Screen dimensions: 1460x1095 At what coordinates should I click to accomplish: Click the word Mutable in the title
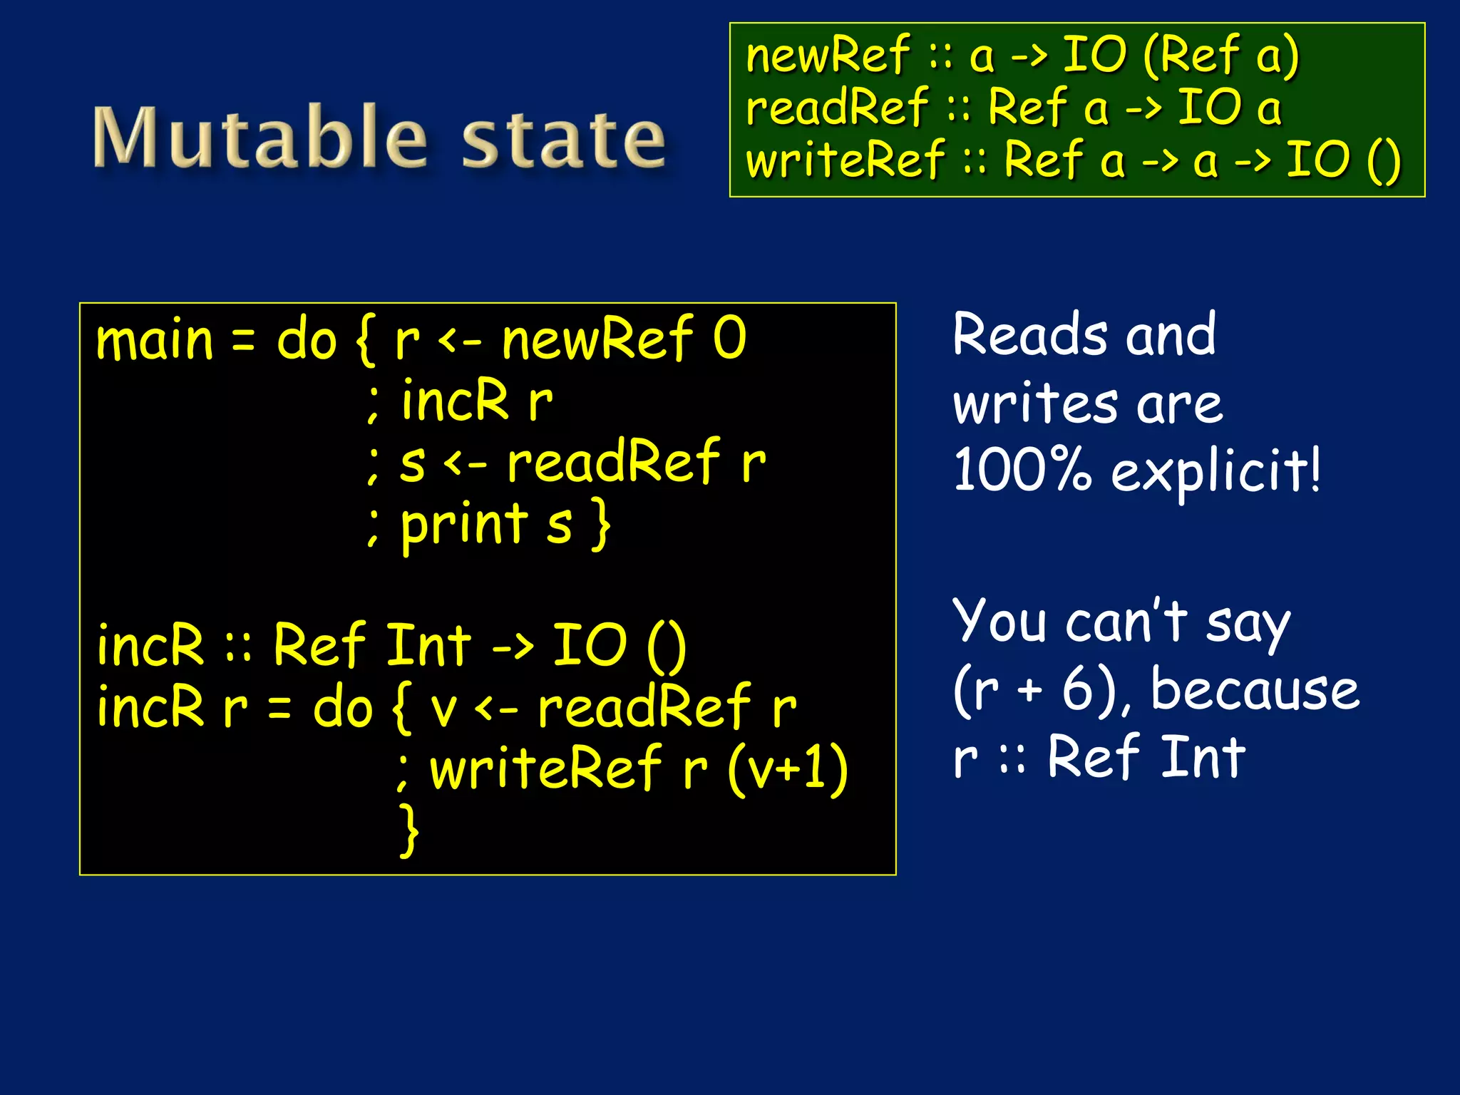pos(261,137)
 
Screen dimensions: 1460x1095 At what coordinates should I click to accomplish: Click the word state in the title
pos(564,140)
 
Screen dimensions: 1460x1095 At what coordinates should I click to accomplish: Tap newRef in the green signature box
pos(828,55)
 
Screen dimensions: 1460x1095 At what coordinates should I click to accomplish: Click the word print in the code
pos(464,526)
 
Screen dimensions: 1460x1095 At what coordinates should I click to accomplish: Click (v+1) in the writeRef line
pos(788,768)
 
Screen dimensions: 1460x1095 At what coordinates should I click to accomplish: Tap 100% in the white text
pos(1022,471)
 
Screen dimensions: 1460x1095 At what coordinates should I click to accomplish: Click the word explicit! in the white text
pos(1216,472)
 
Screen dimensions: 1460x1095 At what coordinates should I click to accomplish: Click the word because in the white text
pos(1255,689)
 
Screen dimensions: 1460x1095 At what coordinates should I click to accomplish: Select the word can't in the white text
pos(1126,621)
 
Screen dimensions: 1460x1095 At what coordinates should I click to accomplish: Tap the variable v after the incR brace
pos(443,709)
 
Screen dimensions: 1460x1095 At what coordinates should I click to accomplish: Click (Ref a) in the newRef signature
pos(1220,56)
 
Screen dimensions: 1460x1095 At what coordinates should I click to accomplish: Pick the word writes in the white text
pos(1035,403)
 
